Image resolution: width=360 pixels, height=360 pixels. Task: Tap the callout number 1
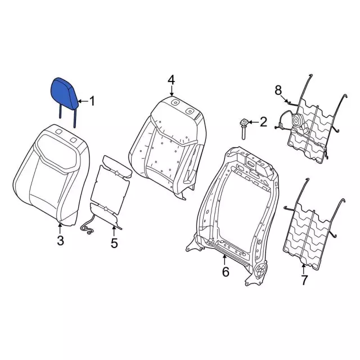92,101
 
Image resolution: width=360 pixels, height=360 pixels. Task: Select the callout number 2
263,122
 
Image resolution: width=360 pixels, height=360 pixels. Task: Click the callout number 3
60,240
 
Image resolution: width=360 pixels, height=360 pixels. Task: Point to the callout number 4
171,80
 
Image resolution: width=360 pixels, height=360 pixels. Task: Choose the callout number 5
114,243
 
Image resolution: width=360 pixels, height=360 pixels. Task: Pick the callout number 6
226,272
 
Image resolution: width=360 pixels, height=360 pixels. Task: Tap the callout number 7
304,280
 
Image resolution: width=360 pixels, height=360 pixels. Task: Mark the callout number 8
278,90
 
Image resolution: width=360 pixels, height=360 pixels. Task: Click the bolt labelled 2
244,129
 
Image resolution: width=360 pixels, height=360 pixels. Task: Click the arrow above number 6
224,260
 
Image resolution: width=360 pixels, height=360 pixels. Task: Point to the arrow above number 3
60,228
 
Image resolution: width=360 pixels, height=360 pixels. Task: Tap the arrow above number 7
303,269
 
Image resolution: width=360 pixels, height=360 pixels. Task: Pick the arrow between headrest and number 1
83,101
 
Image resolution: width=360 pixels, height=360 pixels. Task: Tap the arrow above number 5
114,231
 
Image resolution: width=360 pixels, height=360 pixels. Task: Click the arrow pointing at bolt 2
253,122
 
